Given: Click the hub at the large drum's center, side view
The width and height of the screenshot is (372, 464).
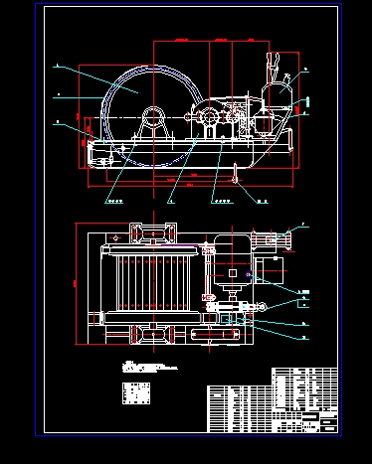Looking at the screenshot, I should pyautogui.click(x=154, y=116).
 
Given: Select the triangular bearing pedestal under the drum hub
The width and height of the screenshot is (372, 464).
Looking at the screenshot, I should pyautogui.click(x=154, y=127).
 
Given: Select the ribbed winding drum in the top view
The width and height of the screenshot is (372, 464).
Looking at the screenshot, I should pyautogui.click(x=149, y=282).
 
